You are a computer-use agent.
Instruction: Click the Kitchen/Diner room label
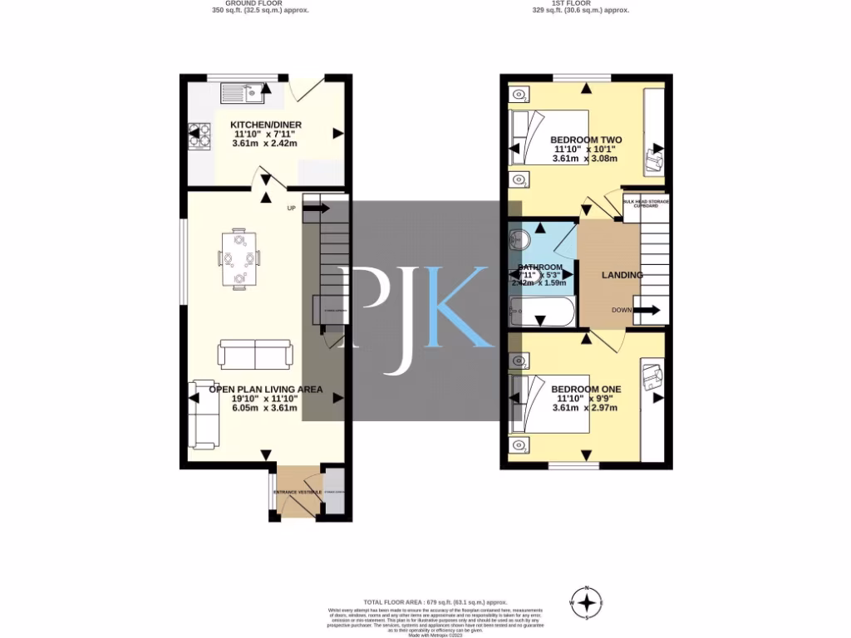266,125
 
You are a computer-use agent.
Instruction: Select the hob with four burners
200,135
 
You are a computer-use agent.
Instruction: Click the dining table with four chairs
239,258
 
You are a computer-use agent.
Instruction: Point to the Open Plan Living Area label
265,389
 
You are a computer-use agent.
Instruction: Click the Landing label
622,275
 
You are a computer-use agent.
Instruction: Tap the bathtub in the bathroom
540,313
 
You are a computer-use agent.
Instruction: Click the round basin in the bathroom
521,239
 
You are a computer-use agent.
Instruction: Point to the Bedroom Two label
585,140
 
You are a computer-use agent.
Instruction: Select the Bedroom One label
585,389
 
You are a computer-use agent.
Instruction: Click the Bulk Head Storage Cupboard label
646,203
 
